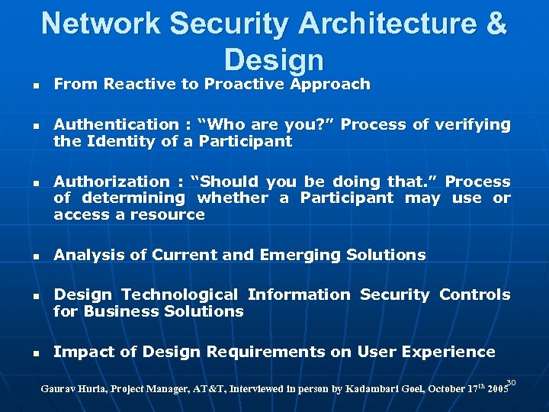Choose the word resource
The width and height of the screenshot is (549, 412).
tap(171, 214)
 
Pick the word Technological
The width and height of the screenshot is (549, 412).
tap(181, 295)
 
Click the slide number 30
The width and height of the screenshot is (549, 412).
tap(512, 381)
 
